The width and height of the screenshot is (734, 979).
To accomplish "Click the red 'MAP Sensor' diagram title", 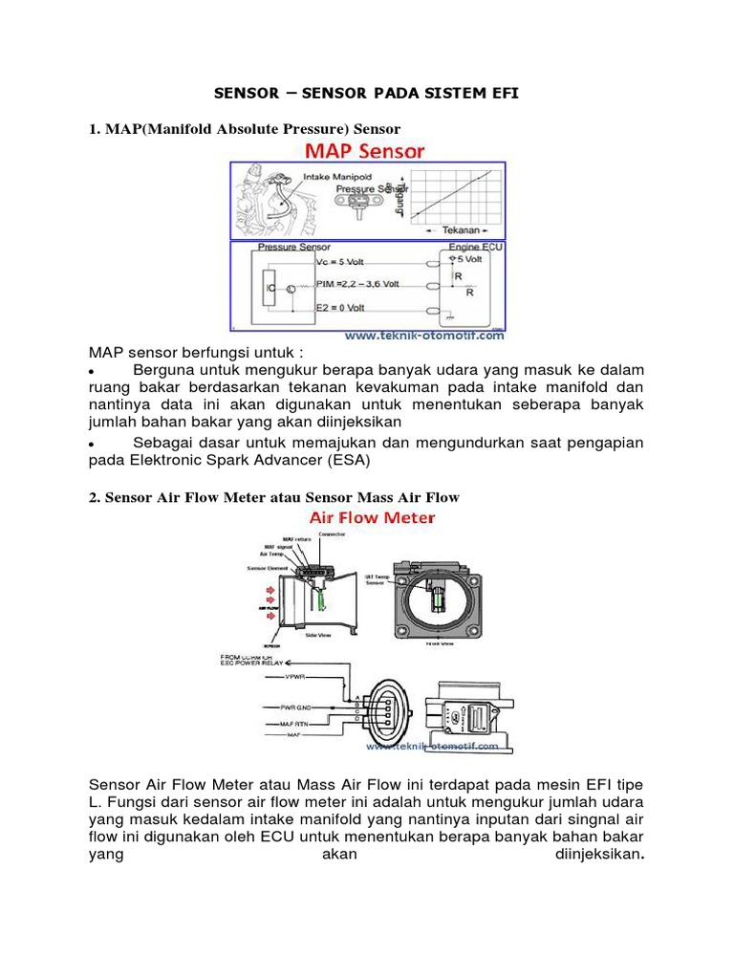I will [x=365, y=151].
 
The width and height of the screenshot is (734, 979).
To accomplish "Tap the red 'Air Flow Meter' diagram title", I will [x=371, y=517].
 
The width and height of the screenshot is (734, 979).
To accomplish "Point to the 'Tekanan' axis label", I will [x=457, y=230].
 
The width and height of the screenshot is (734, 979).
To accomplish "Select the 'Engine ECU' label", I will [x=475, y=247].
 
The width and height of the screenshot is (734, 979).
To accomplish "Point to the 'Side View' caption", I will [x=317, y=633].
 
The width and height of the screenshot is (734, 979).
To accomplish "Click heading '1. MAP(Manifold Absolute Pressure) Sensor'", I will [x=245, y=127].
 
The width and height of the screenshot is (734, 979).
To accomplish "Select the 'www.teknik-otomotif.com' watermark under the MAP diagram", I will [x=423, y=336].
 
